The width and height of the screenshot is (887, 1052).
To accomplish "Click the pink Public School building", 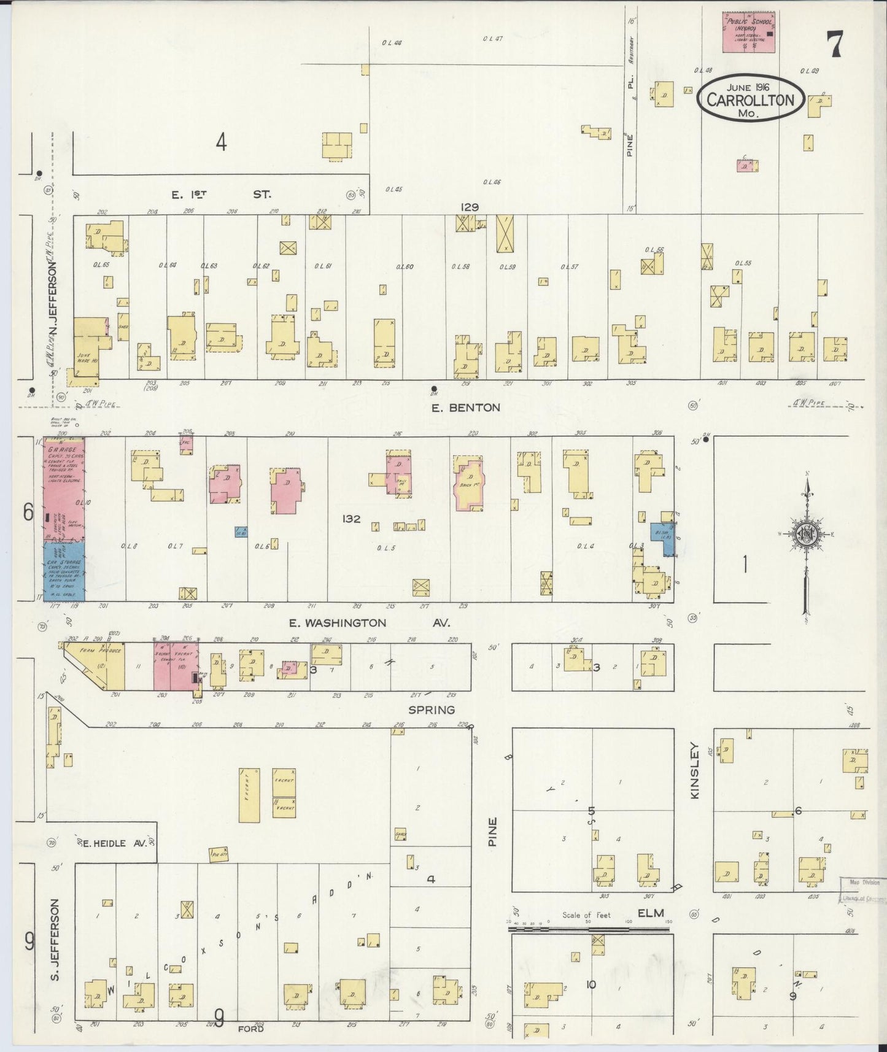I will click(x=747, y=31).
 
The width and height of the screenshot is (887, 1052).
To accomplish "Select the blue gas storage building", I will click(x=64, y=570).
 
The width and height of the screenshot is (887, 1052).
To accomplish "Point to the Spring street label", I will click(x=432, y=710).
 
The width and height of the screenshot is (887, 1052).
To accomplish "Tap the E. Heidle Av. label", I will click(x=115, y=843).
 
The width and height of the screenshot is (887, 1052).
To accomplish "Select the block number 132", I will click(x=351, y=519).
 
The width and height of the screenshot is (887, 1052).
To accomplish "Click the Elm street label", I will click(x=651, y=913).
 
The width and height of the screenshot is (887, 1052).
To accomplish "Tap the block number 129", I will click(x=470, y=207).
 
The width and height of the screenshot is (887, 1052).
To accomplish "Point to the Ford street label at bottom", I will click(x=251, y=1027).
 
